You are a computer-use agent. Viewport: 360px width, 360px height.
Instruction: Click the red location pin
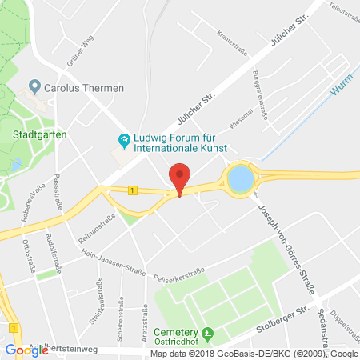[x=180, y=178]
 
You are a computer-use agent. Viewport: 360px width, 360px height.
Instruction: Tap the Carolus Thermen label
[x=71, y=86]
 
